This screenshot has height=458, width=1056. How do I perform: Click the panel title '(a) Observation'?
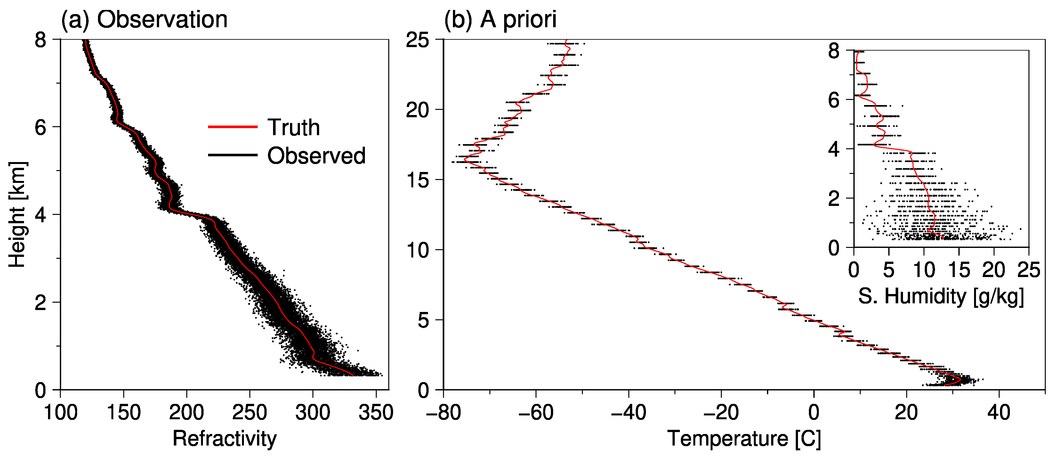pyautogui.click(x=144, y=19)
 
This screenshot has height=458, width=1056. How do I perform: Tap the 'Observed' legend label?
pyautogui.click(x=316, y=156)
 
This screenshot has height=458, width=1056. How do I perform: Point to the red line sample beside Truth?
pyautogui.click(x=232, y=127)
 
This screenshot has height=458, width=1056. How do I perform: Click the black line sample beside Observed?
pyautogui.click(x=232, y=155)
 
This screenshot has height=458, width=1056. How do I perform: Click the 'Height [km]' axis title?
pyautogui.click(x=17, y=215)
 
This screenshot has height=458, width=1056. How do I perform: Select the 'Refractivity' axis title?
pyautogui.click(x=224, y=438)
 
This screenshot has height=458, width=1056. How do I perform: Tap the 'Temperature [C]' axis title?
pyautogui.click(x=744, y=438)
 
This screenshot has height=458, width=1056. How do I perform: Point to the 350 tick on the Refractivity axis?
pyautogui.click(x=375, y=412)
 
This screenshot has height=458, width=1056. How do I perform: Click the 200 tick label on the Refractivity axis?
pyautogui.click(x=187, y=412)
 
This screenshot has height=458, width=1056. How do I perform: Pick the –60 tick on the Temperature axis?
pyautogui.click(x=536, y=412)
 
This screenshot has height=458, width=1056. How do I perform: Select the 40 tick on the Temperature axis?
pyautogui.click(x=999, y=412)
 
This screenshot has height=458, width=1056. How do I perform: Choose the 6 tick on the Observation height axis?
pyautogui.click(x=40, y=127)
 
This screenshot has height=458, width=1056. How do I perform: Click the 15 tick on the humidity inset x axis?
pyautogui.click(x=959, y=270)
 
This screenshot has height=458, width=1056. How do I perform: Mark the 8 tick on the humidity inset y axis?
pyautogui.click(x=834, y=51)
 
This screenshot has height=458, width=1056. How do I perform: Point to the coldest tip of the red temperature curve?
pyautogui.click(x=464, y=160)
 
